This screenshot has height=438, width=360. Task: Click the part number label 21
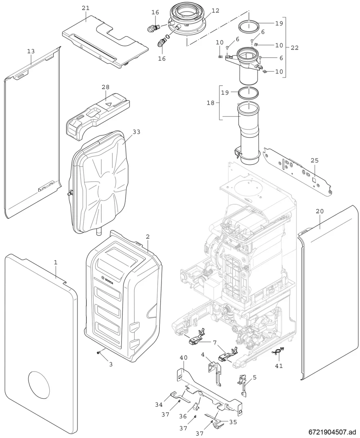[x=86, y=8]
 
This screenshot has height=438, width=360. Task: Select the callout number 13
[x=31, y=51]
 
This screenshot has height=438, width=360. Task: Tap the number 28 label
[x=105, y=87]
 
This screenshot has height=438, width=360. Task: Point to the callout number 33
[x=136, y=132]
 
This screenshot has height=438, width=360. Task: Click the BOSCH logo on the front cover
[x=107, y=280]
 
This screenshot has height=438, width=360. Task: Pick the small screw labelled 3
[x=98, y=352]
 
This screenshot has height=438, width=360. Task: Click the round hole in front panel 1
[x=39, y=385]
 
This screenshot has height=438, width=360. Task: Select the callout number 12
[x=215, y=11]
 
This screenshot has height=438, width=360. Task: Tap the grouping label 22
[x=294, y=48]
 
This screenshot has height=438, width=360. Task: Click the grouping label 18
[x=211, y=103]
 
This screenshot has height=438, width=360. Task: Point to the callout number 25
[x=315, y=160]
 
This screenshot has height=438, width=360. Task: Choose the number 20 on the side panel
[x=320, y=211]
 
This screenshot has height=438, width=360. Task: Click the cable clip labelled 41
[x=278, y=351]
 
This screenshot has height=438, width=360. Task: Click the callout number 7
[x=215, y=343]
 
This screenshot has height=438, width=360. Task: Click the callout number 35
[x=233, y=422]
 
